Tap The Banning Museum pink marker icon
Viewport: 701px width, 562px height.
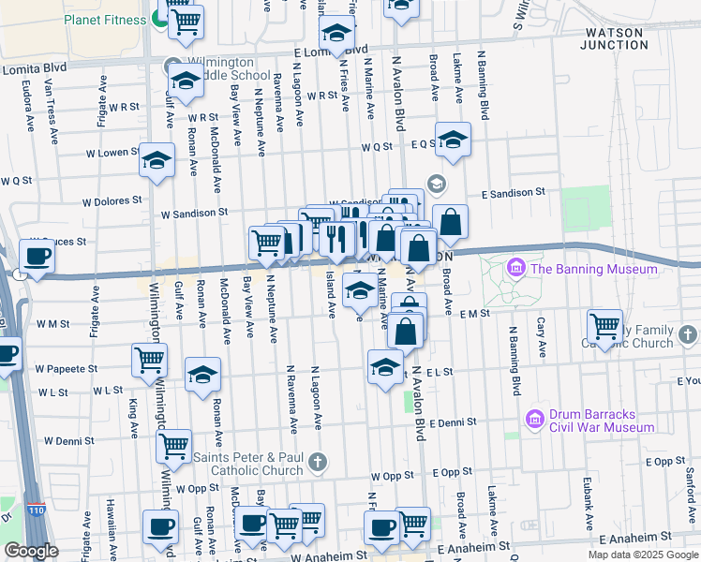point(515,270)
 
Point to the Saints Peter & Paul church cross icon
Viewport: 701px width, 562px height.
point(319,460)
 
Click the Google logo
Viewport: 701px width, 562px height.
point(30,550)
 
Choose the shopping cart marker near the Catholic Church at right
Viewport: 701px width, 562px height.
point(604,327)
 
